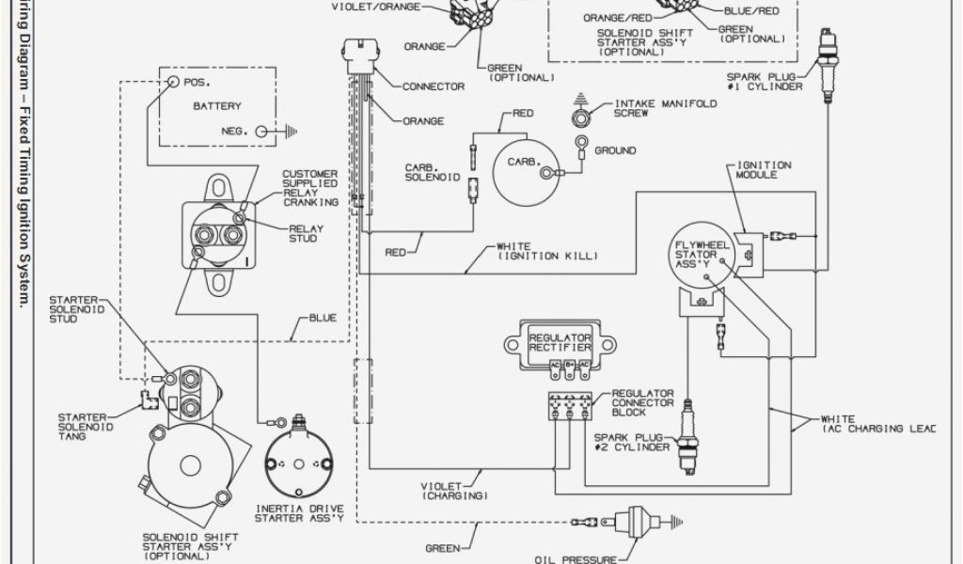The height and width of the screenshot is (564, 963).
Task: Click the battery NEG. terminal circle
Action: (256, 132)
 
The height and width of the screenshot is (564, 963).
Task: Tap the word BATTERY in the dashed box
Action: (217, 106)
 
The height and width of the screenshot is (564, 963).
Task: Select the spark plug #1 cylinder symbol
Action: (827, 66)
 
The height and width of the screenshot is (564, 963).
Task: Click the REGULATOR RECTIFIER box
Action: (560, 344)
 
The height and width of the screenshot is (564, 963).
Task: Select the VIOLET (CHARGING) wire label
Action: (453, 490)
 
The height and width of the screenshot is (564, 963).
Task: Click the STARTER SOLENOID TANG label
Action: (86, 427)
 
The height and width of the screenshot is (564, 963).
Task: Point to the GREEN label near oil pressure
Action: (443, 548)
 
